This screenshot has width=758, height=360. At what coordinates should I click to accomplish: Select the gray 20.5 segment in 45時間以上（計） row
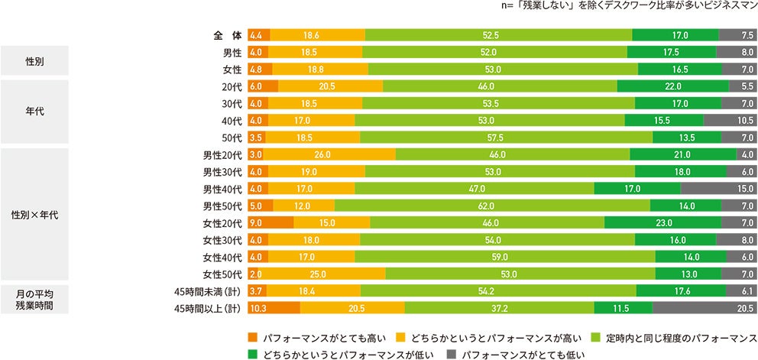tap(705, 307)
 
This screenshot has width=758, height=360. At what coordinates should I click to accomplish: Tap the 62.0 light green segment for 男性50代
tap(492, 206)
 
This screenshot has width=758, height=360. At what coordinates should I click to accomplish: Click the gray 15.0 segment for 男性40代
tap(718, 189)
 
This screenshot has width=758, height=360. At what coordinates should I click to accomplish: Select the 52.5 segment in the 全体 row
tap(499, 36)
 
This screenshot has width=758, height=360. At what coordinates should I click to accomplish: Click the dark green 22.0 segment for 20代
tap(673, 86)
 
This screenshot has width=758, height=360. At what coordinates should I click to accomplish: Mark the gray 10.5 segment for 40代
tap(730, 121)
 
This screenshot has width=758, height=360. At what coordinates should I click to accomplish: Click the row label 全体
tap(227, 36)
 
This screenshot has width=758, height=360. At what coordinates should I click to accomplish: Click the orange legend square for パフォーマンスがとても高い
tap(252, 337)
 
